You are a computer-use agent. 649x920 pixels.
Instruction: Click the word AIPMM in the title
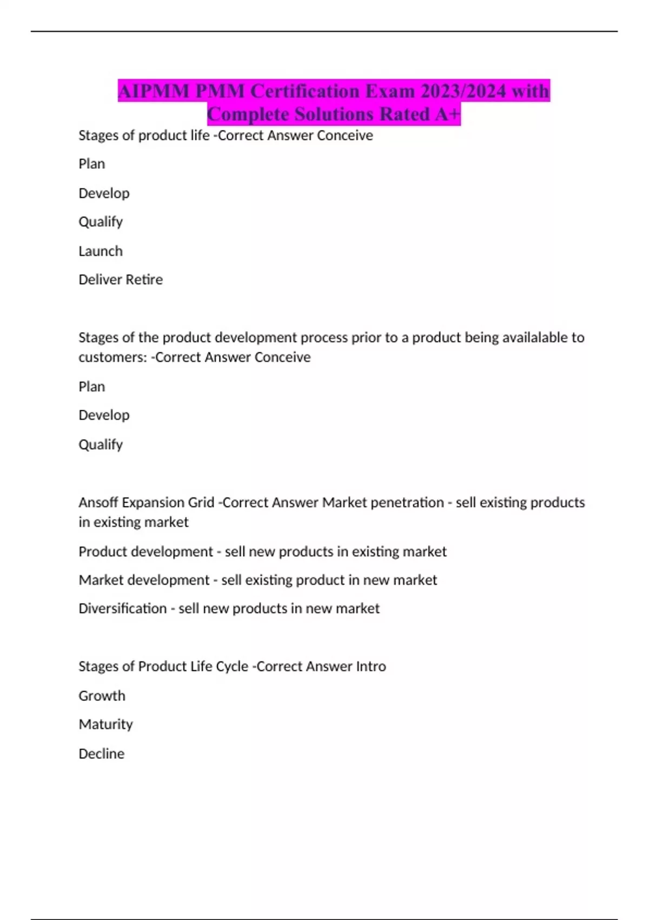tap(154, 91)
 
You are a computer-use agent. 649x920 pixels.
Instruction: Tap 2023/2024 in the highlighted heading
tap(463, 91)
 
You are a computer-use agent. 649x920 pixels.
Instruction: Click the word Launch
tap(101, 251)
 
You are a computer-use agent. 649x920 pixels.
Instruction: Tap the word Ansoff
tap(98, 503)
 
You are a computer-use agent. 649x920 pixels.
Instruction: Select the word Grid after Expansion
tap(201, 503)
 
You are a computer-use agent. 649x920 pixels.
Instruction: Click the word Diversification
tap(123, 609)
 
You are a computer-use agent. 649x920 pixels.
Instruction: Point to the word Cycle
tap(232, 667)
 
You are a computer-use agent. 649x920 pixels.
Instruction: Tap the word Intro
tap(371, 667)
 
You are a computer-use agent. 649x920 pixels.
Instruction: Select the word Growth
tap(102, 696)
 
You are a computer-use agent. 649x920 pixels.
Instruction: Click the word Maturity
tap(105, 725)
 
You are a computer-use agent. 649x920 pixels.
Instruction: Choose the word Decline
tap(101, 754)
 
